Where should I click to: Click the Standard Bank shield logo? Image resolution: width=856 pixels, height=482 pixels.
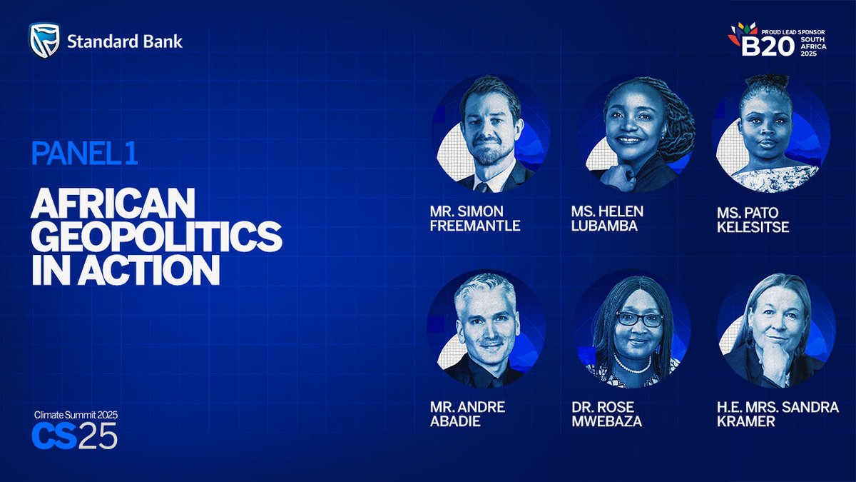(44, 41)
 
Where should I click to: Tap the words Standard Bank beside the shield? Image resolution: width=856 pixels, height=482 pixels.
(125, 41)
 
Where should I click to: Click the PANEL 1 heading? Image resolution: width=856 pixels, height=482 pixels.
(84, 153)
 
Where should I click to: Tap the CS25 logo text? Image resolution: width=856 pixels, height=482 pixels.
(74, 436)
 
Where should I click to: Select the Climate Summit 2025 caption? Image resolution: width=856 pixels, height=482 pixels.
(76, 415)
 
